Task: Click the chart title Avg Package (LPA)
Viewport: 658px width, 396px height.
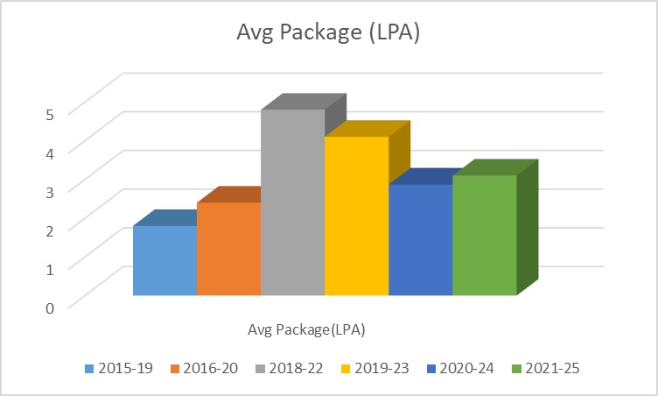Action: (328, 32)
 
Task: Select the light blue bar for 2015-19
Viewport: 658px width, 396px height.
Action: (164, 260)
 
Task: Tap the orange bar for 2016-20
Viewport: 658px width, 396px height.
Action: (228, 249)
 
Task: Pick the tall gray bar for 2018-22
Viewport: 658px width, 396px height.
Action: (292, 202)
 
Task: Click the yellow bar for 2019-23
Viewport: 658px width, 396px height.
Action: (356, 216)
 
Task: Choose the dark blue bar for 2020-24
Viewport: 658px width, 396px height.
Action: (420, 240)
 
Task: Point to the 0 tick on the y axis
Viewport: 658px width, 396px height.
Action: (51, 307)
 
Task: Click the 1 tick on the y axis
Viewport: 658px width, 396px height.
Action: (51, 268)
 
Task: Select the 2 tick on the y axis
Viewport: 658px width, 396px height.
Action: (51, 230)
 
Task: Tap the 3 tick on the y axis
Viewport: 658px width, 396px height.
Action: (51, 191)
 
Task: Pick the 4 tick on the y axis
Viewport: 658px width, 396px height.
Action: (51, 152)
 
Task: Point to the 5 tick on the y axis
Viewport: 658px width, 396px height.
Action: (51, 113)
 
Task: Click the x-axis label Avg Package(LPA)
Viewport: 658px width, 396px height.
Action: (306, 330)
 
